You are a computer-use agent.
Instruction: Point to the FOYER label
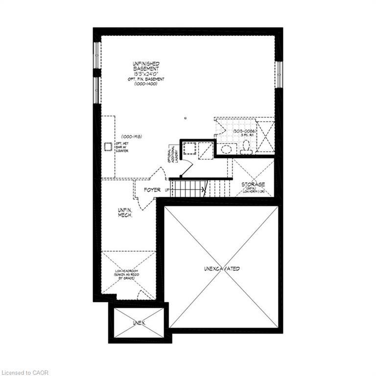tap(153, 189)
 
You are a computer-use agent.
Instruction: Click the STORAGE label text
tap(253, 185)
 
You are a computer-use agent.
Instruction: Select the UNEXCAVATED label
tap(222, 269)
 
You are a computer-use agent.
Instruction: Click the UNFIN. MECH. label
tap(125, 212)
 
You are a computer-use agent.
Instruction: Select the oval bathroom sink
tap(226, 149)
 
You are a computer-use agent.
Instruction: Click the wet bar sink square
tap(108, 146)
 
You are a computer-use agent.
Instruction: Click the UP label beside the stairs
tap(167, 189)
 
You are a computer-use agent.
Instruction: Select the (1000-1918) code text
tap(131, 137)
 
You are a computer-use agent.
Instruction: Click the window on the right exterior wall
tap(278, 74)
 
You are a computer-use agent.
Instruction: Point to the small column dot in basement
tap(185, 117)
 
